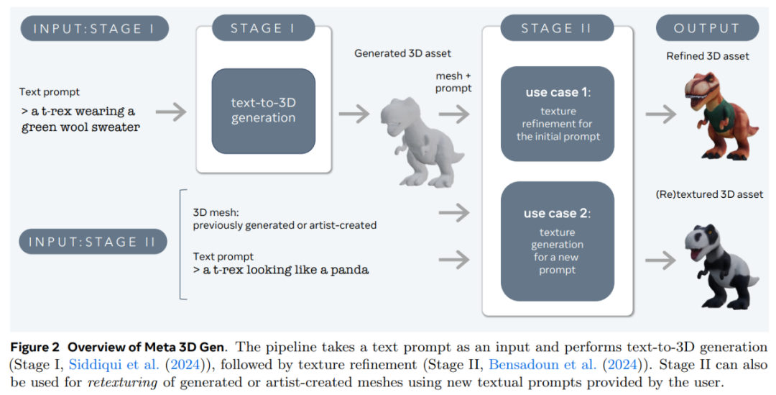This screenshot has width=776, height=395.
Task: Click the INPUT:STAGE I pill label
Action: pyautogui.click(x=94, y=29)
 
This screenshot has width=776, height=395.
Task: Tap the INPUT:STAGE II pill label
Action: pyautogui.click(x=92, y=242)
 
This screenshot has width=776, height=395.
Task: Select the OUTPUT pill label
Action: pyautogui.click(x=707, y=29)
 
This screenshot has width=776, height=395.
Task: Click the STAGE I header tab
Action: pyautogui.click(x=263, y=29)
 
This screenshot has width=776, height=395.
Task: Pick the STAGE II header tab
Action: pyautogui.click(x=557, y=29)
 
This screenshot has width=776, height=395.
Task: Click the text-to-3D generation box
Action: pyautogui.click(x=263, y=110)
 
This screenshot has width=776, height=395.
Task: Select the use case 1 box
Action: pyautogui.click(x=557, y=114)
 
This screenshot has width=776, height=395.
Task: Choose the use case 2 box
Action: pyautogui.click(x=557, y=240)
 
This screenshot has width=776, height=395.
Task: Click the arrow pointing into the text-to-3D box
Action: pyautogui.click(x=171, y=112)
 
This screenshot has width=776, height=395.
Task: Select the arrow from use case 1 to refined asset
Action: pyautogui.click(x=660, y=114)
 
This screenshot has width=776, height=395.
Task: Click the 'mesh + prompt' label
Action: pyautogui.click(x=453, y=82)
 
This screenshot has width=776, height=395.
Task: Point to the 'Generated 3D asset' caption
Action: pyautogui.click(x=403, y=53)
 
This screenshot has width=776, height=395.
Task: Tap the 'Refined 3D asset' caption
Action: pyautogui.click(x=708, y=56)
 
